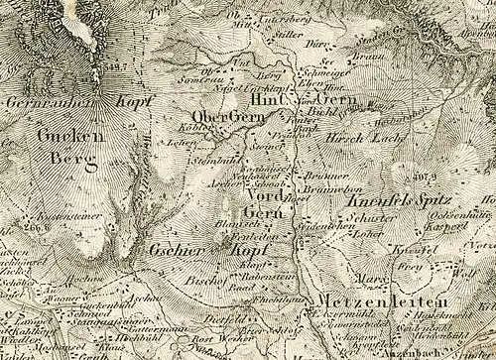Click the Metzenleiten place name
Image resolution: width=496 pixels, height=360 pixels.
(378, 300)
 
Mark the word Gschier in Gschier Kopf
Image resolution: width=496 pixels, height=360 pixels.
(175, 253)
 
